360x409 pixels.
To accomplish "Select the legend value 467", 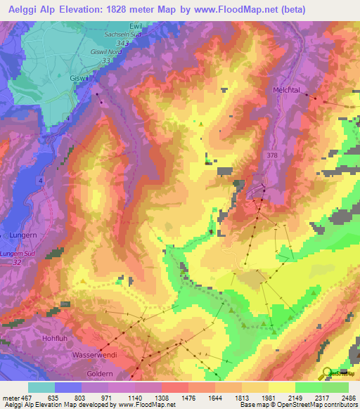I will (x=24, y=398).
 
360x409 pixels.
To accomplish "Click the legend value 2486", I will (x=348, y=398).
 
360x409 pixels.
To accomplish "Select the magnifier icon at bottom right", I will (x=328, y=374).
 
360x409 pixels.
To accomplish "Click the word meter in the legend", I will (x=8, y=398).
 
